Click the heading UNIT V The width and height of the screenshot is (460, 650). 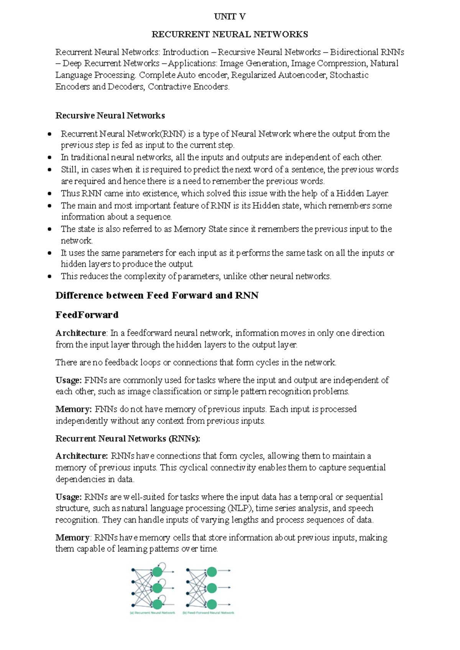tap(230, 16)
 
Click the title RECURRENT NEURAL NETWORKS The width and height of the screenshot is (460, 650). tap(230, 34)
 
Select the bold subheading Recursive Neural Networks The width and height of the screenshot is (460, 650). tap(110, 116)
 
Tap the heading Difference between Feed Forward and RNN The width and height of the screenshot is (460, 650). tap(157, 295)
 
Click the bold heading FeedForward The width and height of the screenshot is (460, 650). tap(87, 315)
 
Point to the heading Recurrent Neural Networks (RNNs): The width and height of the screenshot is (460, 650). tap(128, 438)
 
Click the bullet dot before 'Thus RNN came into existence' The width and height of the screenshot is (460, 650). tap(49, 194)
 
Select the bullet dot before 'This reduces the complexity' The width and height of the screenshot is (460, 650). tap(49, 276)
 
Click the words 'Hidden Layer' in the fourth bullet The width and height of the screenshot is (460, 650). tap(362, 194)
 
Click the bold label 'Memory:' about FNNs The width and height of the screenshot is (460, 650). tap(73, 409)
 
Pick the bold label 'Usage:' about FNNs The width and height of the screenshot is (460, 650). tap(69, 380)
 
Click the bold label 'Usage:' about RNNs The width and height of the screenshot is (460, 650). tap(69, 497)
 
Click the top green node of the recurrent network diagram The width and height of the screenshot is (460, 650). tap(158, 572)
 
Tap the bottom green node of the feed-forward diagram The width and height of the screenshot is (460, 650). tap(212, 604)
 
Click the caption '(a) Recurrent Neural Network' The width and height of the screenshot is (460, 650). tap(153, 613)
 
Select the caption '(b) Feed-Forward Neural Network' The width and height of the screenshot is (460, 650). tap(209, 613)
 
